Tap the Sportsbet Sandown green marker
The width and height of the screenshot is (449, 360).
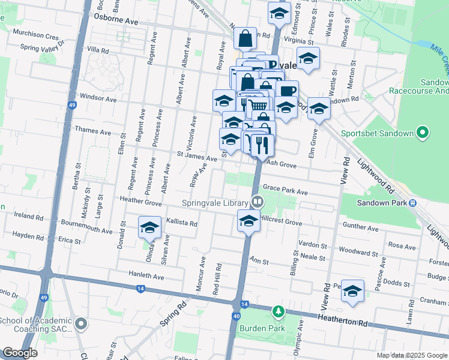pyautogui.click(x=423, y=133)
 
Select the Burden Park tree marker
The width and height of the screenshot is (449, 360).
pyautogui.click(x=278, y=311)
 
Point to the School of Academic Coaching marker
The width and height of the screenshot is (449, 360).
pyautogui.click(x=82, y=325)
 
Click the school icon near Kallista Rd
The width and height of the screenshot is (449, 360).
pyautogui.click(x=149, y=227)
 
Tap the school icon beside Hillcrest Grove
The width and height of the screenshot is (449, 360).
pyautogui.click(x=249, y=221)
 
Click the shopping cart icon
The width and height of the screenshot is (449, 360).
pyautogui.click(x=258, y=105)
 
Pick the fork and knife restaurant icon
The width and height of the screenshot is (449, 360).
pyautogui.click(x=262, y=145)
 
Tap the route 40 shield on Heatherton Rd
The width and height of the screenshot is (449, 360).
pyautogui.click(x=237, y=316)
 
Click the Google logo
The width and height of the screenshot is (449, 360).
pyautogui.click(x=20, y=353)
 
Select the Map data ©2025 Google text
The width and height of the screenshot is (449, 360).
pyautogui.click(x=411, y=355)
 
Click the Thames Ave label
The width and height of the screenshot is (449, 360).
pyautogui.click(x=92, y=131)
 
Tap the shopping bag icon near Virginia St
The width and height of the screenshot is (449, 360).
pyautogui.click(x=246, y=39)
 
